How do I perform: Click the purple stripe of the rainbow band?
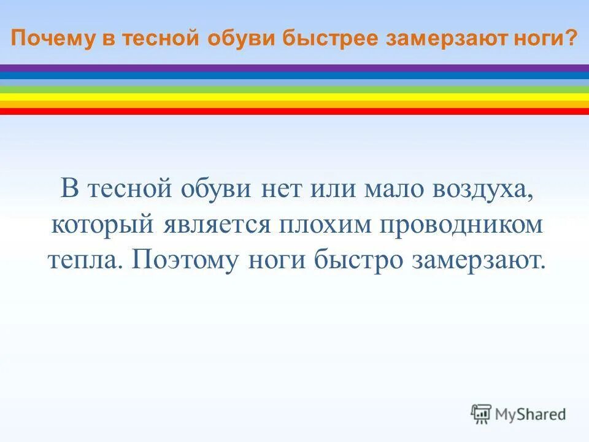(x=294, y=68)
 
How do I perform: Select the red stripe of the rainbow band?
(x=294, y=112)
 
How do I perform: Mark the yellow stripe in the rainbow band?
(x=294, y=97)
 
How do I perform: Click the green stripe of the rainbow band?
(x=294, y=90)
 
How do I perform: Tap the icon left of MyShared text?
(x=481, y=414)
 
